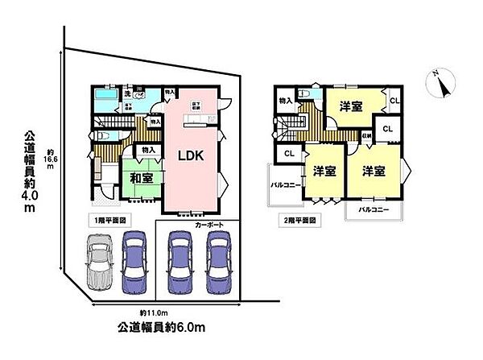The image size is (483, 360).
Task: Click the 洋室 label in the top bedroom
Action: click(x=350, y=106)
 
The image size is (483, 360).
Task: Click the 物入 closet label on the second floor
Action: click(x=285, y=101)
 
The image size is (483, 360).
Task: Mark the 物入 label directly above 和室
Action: click(x=147, y=150)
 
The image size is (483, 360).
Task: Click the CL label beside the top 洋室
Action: click(x=393, y=100)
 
